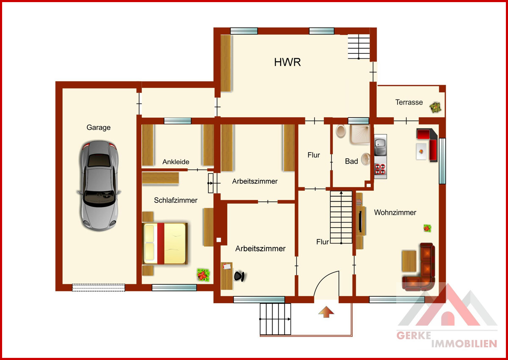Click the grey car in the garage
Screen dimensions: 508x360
click(99, 186)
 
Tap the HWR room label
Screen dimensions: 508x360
click(287, 62)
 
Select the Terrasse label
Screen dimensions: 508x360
click(409, 102)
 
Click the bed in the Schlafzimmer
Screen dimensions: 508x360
click(165, 244)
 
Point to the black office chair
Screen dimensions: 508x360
click(239, 276)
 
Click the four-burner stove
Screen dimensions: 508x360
click(380, 169)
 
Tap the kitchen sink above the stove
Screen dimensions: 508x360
click(380, 145)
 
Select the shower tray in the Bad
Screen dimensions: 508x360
click(360, 135)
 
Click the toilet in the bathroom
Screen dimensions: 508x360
click(341, 131)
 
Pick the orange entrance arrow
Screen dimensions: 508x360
click(326, 311)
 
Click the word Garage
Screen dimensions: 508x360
click(98, 128)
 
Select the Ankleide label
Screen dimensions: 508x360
click(176, 162)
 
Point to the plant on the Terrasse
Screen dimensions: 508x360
click(436, 107)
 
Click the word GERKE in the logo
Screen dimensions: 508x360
click(414, 335)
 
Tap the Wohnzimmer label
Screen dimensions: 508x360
click(395, 212)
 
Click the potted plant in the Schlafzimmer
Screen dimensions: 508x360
click(203, 275)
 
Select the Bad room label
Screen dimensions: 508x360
click(351, 161)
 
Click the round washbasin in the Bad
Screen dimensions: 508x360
click(366, 159)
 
